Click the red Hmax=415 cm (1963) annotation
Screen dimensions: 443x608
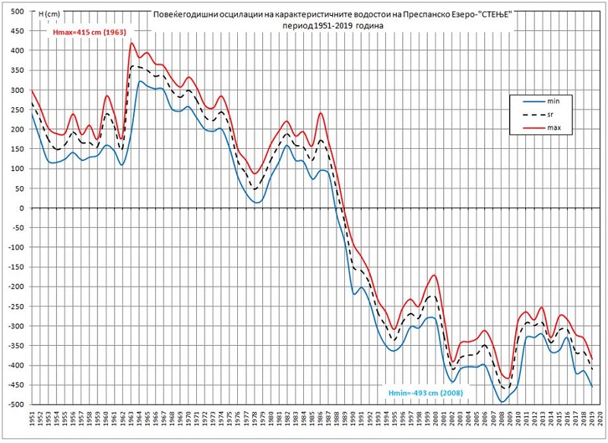tap(88, 33)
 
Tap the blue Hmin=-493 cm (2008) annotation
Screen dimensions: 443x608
tap(426, 391)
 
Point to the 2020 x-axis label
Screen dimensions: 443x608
tap(600, 422)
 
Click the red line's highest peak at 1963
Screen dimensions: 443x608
tap(131, 43)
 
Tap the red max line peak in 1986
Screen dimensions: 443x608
tap(321, 113)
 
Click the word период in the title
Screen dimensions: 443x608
tap(294, 25)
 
